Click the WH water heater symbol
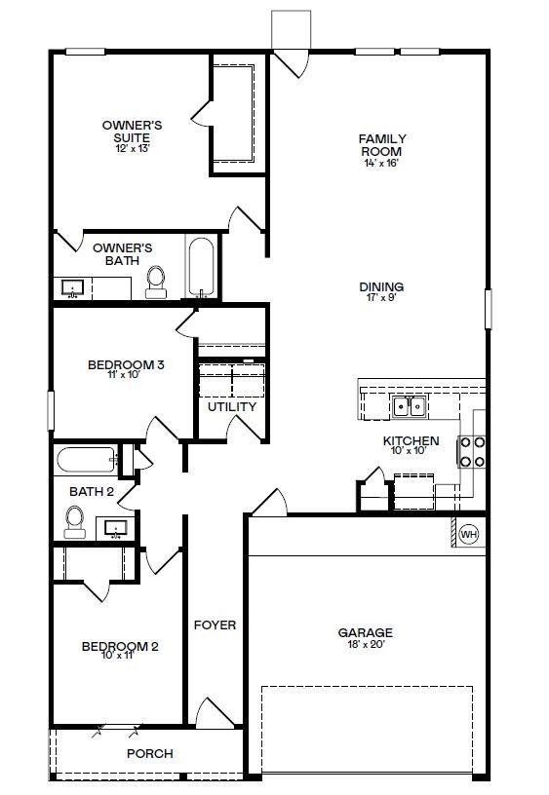click(468, 534)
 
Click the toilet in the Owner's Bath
click(156, 281)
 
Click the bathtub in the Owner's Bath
click(201, 267)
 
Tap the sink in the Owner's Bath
click(73, 288)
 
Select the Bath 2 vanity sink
click(116, 528)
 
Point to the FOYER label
click(215, 625)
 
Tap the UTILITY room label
click(232, 406)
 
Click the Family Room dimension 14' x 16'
click(382, 164)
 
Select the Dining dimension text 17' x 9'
click(381, 299)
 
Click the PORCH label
click(150, 753)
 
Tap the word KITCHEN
click(411, 440)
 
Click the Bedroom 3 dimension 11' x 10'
click(125, 377)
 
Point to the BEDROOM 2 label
click(120, 646)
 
